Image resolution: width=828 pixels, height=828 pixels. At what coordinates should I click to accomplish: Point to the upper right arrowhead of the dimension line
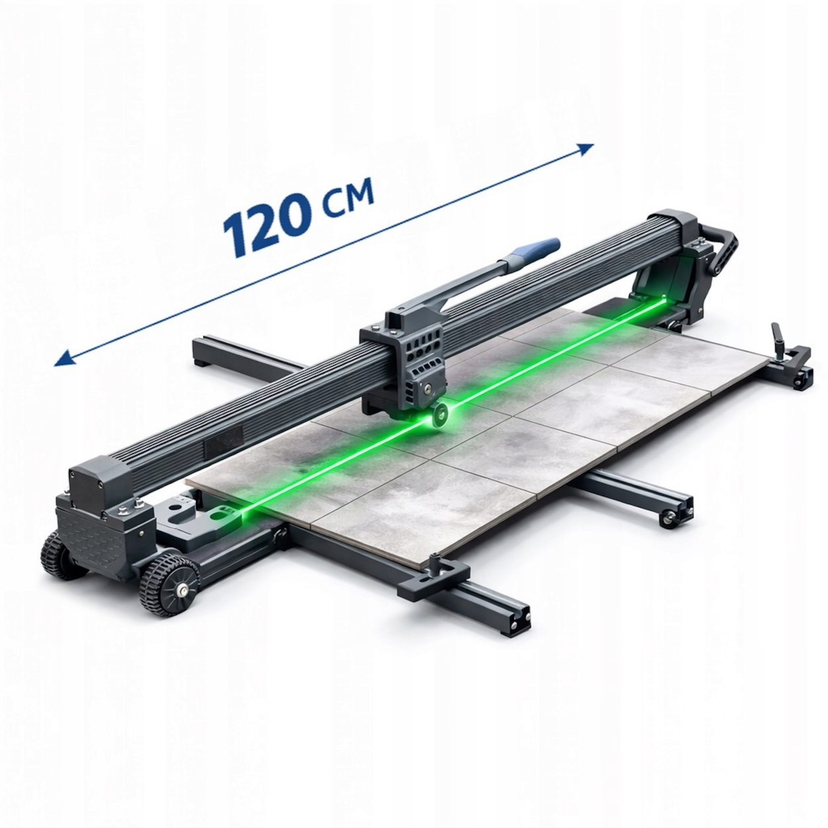[586, 149]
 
